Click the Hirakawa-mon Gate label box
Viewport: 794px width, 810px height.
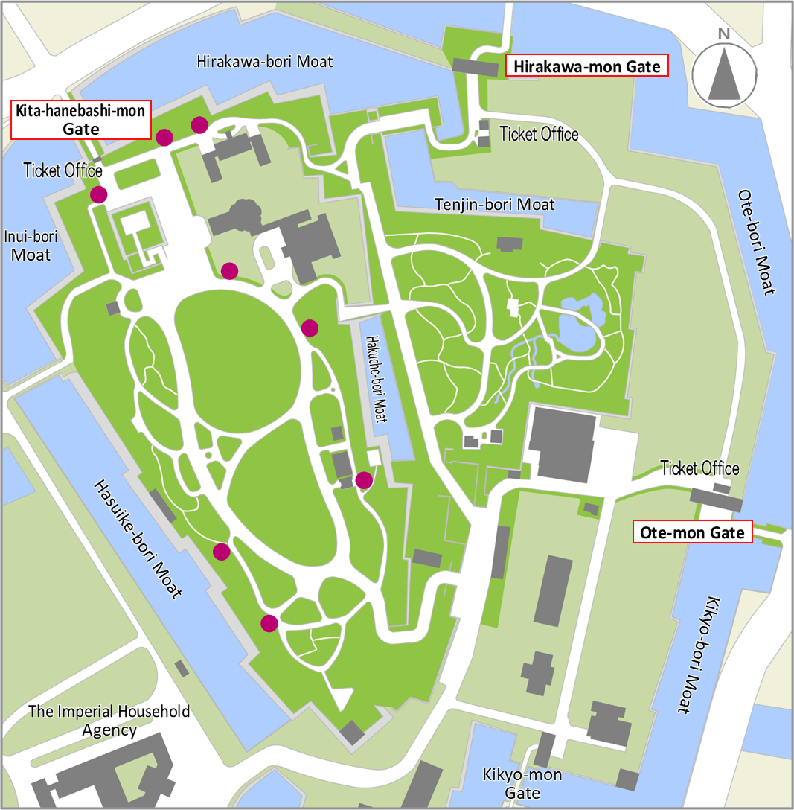[586, 66]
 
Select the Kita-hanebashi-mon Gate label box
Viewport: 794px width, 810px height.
[80, 119]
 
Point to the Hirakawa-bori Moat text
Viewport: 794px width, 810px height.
[265, 61]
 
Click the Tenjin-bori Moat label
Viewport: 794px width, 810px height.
[494, 204]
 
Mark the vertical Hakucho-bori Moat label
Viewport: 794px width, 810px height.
[377, 379]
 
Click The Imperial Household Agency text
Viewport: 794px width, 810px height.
[109, 720]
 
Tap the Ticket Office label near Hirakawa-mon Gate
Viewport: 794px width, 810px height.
[539, 134]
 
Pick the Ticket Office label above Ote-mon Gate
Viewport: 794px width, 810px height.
[699, 468]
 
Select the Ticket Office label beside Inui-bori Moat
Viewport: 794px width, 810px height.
[63, 170]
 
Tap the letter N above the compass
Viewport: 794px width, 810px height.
[723, 34]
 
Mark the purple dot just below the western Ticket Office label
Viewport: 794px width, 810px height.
[98, 194]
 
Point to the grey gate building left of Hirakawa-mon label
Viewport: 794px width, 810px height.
[475, 68]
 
